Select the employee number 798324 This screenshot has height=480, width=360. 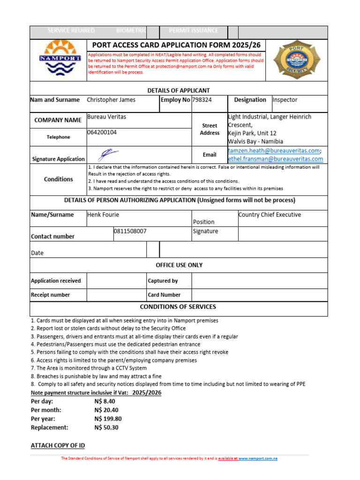(x=202, y=100)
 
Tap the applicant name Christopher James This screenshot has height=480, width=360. (x=111, y=100)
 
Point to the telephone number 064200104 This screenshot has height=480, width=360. (x=102, y=133)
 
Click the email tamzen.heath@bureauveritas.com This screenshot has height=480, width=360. (x=274, y=150)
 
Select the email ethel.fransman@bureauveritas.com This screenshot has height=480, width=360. (x=275, y=159)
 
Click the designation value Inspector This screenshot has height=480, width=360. (x=285, y=100)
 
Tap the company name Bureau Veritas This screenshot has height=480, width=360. (x=106, y=117)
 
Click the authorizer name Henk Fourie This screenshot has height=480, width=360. (x=103, y=215)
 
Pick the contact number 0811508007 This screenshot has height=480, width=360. (x=130, y=232)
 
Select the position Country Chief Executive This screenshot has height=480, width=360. (x=270, y=215)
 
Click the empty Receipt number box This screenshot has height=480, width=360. (x=116, y=295)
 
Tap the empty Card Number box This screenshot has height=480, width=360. (x=259, y=295)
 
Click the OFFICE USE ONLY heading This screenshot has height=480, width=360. (x=179, y=265)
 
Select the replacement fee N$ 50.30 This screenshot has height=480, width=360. (x=106, y=427)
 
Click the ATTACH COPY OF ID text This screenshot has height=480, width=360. (x=58, y=445)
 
